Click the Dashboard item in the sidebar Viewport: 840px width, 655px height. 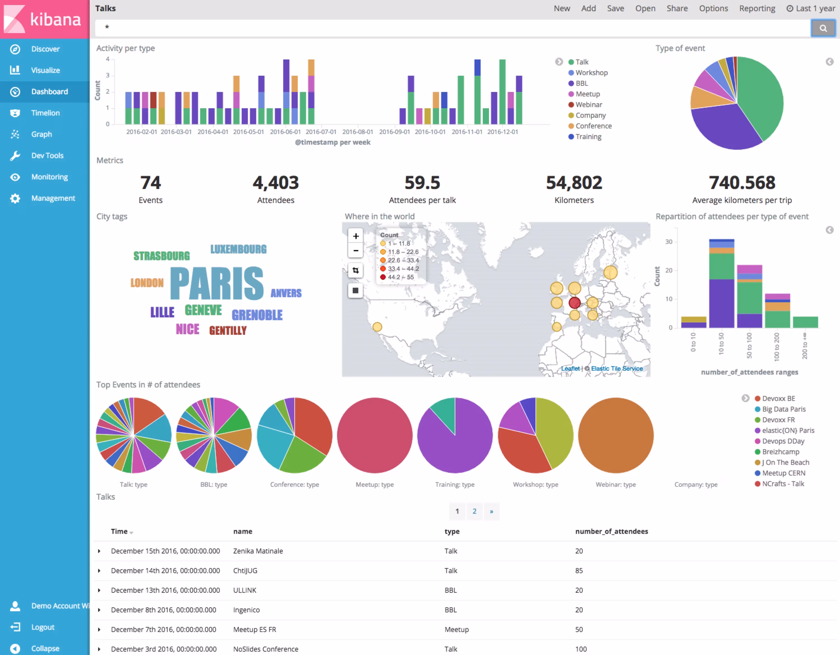pos(49,91)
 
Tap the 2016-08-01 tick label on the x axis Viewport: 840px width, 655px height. pos(357,132)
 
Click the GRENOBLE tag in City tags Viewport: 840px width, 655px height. pos(257,315)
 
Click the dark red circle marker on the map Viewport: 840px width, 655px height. pos(574,303)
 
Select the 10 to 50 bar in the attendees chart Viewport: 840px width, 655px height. pos(721,285)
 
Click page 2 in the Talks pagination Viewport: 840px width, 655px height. pos(474,511)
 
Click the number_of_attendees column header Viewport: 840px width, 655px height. pos(611,531)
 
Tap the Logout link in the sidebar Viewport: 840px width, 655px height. pos(43,627)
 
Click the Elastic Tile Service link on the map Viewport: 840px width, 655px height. pos(617,368)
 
